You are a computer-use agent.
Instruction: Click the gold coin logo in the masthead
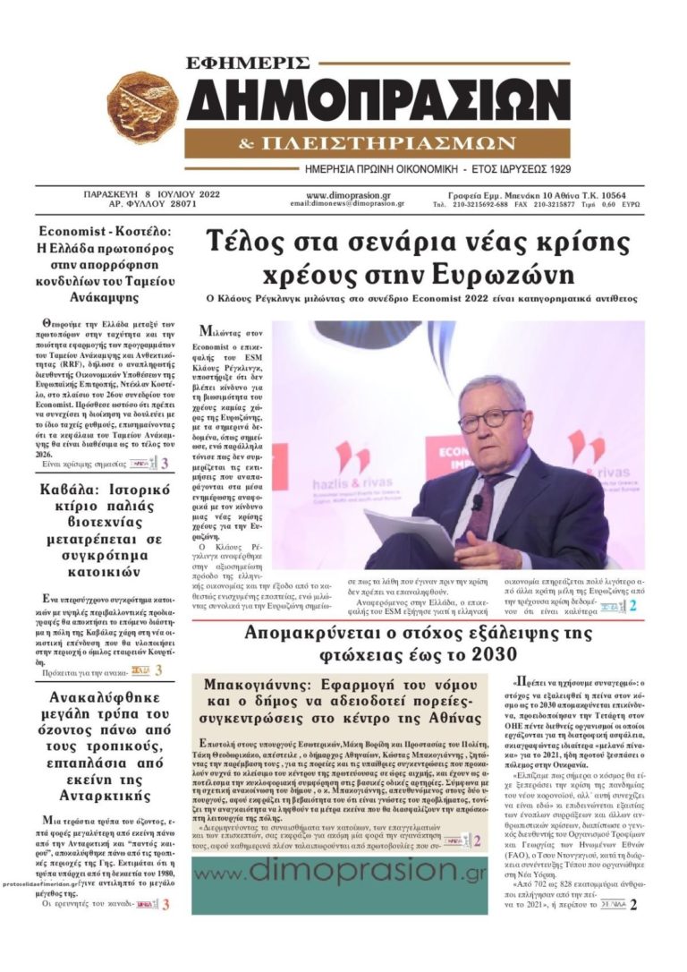click(142, 110)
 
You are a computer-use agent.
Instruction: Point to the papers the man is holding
click(413, 534)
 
